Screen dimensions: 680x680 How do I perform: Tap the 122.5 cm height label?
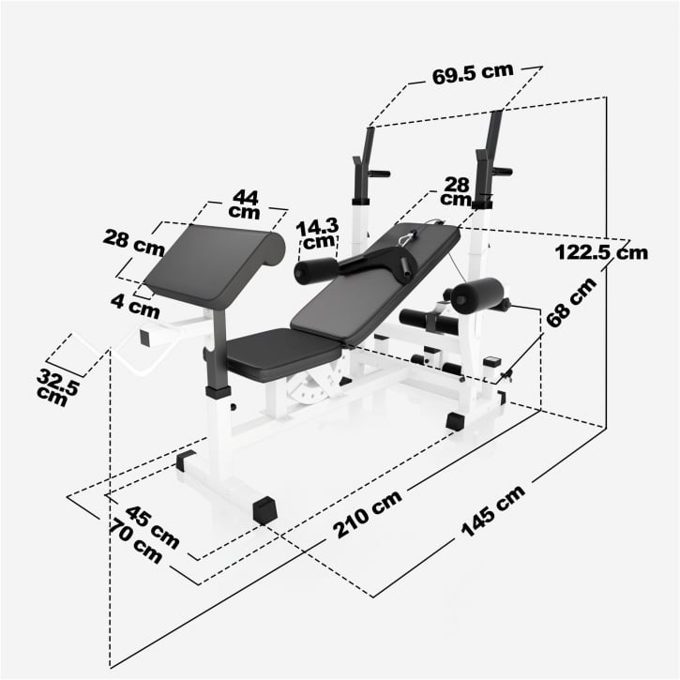pyautogui.click(x=601, y=252)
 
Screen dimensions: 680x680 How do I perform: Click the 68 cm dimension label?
pyautogui.click(x=571, y=302)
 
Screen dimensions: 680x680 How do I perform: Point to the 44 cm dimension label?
pyautogui.click(x=245, y=204)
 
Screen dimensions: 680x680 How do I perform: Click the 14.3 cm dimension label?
pyautogui.click(x=316, y=235)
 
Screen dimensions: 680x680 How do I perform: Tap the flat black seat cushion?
pyautogui.click(x=280, y=352)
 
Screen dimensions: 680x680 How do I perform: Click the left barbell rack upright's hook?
pyautogui.click(x=377, y=173)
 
